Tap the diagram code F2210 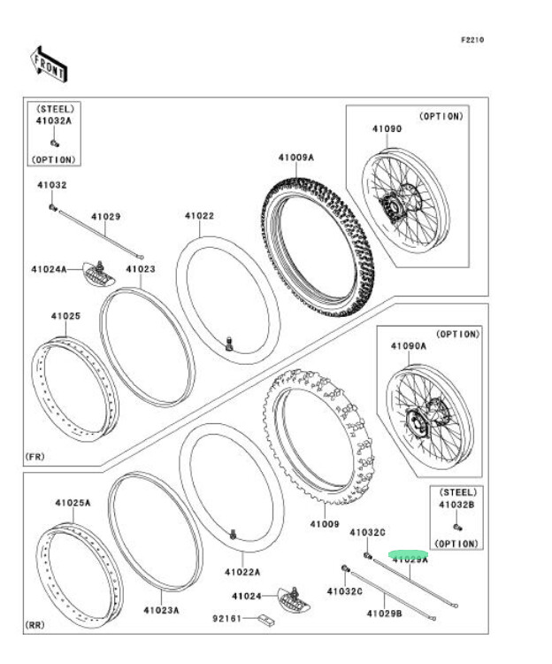pos(472,39)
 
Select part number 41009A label pos(295,158)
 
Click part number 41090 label pos(387,128)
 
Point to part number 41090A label pos(409,348)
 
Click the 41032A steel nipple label pos(54,120)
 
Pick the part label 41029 pos(105,216)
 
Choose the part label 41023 pos(140,268)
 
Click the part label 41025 pos(65,315)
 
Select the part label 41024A pos(50,268)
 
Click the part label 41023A pos(161,610)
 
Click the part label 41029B pos(385,613)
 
